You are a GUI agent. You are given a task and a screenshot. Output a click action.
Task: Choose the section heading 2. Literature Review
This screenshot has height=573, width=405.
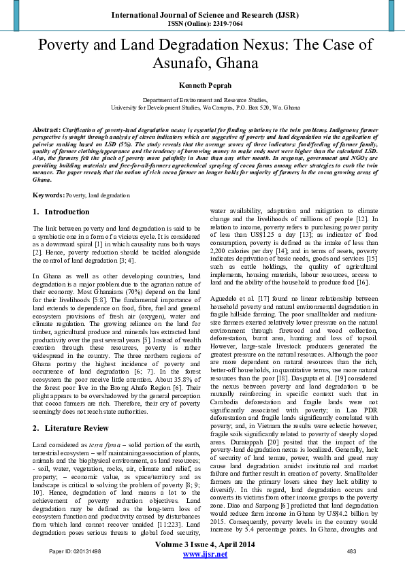(71, 410)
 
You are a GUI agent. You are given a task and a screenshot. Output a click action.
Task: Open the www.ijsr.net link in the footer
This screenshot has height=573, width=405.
(205, 555)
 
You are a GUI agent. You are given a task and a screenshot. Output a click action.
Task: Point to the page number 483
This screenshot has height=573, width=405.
(352, 551)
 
